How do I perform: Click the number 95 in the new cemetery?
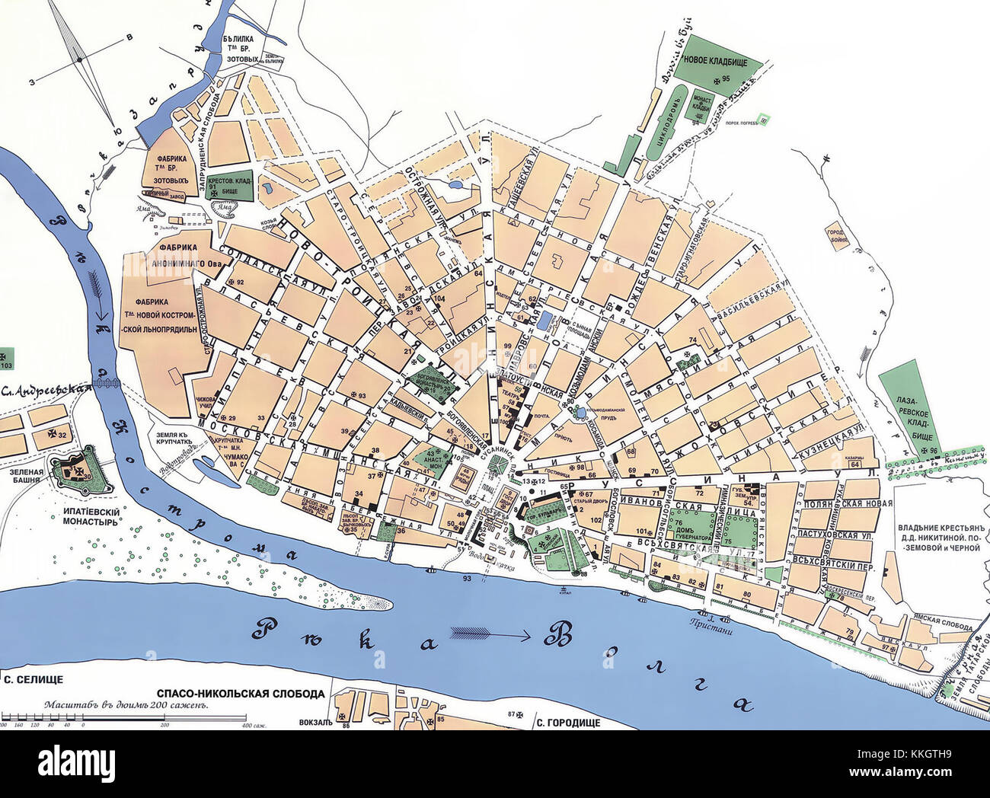pyautogui.click(x=725, y=78)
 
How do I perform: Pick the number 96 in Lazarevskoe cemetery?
pyautogui.click(x=934, y=452)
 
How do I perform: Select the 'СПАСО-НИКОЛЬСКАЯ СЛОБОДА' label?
pyautogui.click(x=241, y=694)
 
